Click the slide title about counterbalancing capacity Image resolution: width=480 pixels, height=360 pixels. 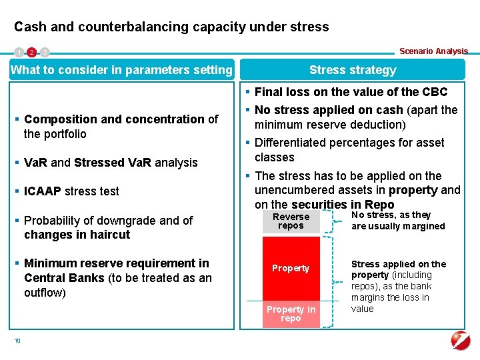click(171, 27)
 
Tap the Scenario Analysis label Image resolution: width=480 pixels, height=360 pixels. click(433, 51)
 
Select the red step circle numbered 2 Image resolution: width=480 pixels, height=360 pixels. click(31, 52)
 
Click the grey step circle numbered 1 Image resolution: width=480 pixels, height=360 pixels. click(19, 52)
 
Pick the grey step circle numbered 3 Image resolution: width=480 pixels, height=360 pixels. click(44, 52)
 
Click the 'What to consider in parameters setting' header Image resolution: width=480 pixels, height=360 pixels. click(121, 70)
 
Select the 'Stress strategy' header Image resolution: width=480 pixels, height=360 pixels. click(353, 70)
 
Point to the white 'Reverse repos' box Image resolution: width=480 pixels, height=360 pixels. click(291, 221)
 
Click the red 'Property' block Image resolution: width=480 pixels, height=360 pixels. click(291, 268)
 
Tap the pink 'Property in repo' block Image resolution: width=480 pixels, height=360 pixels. click(291, 313)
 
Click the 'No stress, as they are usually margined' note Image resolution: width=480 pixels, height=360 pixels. click(398, 221)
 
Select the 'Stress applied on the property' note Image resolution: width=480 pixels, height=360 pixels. click(398, 286)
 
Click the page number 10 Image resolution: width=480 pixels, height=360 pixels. click(17, 341)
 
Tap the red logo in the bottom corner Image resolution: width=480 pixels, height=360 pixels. click(460, 340)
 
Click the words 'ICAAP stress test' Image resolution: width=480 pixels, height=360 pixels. click(71, 191)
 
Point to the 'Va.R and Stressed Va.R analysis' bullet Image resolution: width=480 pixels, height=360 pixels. click(111, 163)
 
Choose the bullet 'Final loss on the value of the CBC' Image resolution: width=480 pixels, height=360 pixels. click(351, 92)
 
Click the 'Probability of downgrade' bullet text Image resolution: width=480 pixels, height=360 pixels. click(108, 227)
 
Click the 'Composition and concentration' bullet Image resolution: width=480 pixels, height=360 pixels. click(120, 126)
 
